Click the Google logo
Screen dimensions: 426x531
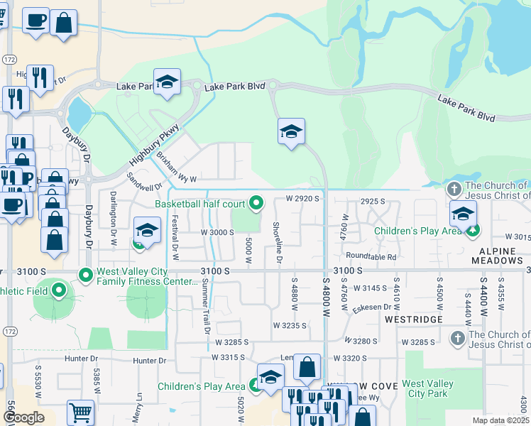(x=23, y=417)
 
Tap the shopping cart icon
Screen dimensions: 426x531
(x=81, y=413)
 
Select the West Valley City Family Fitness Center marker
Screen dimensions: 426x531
(x=86, y=274)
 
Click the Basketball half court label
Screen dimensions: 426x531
(x=199, y=204)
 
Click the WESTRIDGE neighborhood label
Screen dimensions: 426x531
(x=414, y=319)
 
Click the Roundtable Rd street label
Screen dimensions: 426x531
(x=371, y=256)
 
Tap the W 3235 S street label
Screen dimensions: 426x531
(x=290, y=325)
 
